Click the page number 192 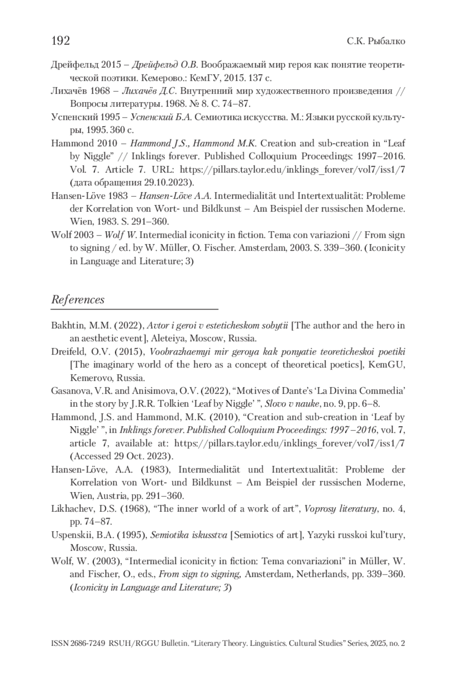60,41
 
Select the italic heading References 78,299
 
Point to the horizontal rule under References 134,308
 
